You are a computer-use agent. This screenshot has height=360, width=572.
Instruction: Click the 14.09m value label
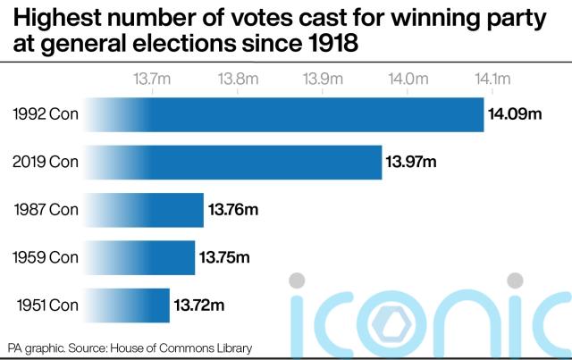coord(516,113)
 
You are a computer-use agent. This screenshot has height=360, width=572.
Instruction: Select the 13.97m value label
coord(411,162)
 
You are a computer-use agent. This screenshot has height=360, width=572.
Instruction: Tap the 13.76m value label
coord(233,210)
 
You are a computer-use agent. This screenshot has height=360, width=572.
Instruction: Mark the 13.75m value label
coord(224,258)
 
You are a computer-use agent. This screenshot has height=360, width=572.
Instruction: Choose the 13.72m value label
coord(198,306)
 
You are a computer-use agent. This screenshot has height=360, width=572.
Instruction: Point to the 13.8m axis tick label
coord(237,79)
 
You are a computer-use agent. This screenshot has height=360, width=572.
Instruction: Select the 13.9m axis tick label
coord(323,79)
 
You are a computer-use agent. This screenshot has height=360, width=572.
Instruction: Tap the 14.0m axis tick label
coord(408,79)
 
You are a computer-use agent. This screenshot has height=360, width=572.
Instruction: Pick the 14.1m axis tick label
coord(492,79)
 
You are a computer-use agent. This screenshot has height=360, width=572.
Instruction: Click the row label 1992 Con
coord(45,113)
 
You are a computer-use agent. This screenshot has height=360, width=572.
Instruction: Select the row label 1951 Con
coord(46,306)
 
